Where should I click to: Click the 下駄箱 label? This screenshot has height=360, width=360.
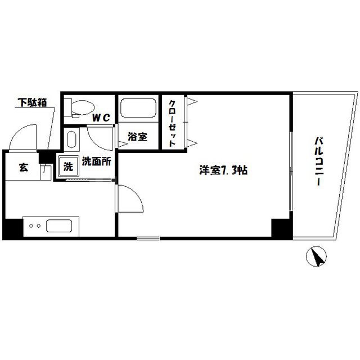click(32, 103)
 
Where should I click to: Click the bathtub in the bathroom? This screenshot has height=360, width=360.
click(137, 109)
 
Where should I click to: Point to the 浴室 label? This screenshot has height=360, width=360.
click(137, 137)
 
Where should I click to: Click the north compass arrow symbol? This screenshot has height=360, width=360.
click(317, 258)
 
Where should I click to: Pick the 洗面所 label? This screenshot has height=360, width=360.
click(97, 160)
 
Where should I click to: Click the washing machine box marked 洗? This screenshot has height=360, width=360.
click(67, 166)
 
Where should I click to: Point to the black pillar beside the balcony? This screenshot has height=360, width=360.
click(280, 228)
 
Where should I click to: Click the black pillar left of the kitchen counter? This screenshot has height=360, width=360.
click(11, 228)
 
